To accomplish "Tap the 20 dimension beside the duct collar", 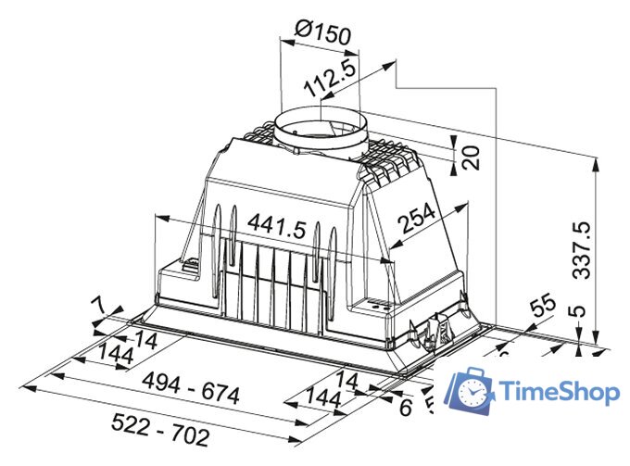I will (471, 154).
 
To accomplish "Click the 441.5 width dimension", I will (275, 228).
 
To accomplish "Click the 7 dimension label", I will (98, 305).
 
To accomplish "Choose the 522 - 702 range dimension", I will (159, 427).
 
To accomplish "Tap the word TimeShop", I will (560, 392).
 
